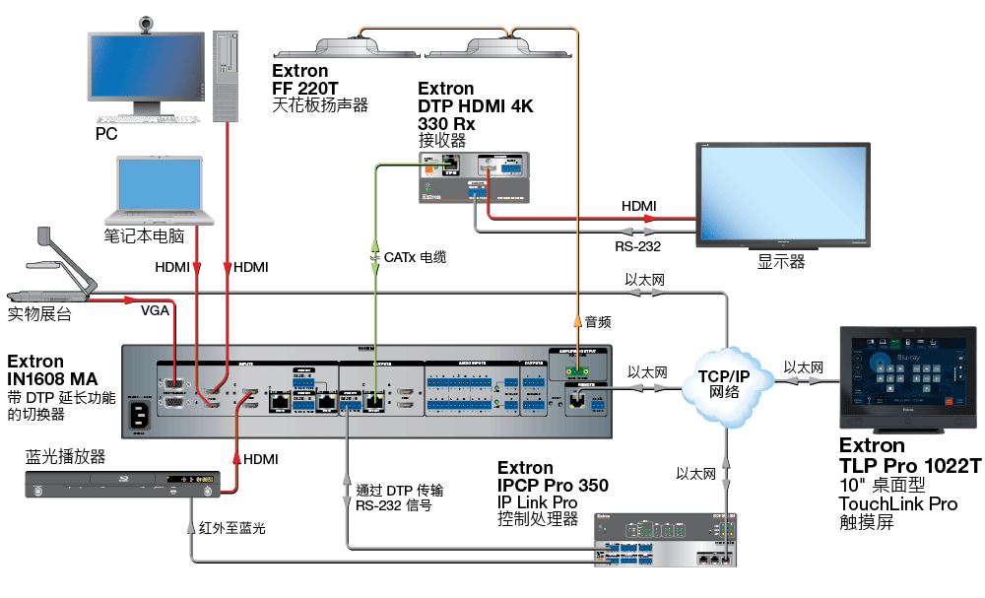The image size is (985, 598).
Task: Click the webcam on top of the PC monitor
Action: point(148,23)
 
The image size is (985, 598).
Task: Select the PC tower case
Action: point(226,75)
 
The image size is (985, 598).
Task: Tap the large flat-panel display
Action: point(782,196)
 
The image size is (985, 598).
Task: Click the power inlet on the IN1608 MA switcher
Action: point(140,414)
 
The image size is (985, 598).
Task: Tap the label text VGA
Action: point(155,310)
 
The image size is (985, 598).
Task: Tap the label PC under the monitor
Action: point(106,134)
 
